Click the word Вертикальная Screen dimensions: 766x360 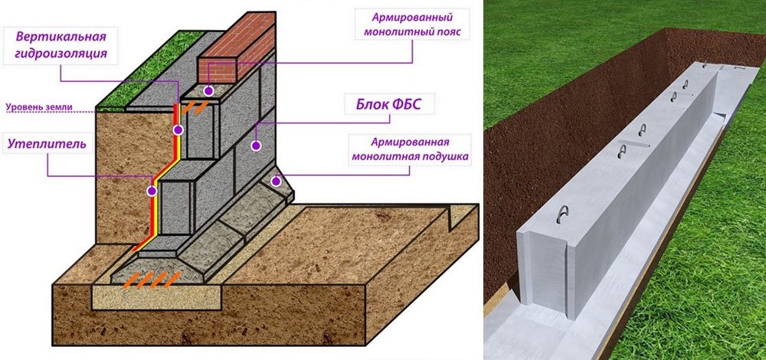tap(61, 37)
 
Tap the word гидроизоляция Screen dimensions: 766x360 tap(61, 54)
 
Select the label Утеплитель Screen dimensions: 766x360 tap(47, 144)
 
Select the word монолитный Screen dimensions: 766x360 tap(394, 33)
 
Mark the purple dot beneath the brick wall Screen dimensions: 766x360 tap(208, 90)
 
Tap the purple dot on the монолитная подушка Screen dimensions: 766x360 tap(276, 182)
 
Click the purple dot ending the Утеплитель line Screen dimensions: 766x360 tap(152, 191)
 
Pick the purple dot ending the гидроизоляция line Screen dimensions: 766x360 tap(178, 130)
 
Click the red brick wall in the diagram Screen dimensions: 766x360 tap(236, 47)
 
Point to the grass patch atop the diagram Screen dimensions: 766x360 tap(149, 70)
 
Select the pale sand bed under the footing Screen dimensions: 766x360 tap(157, 297)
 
